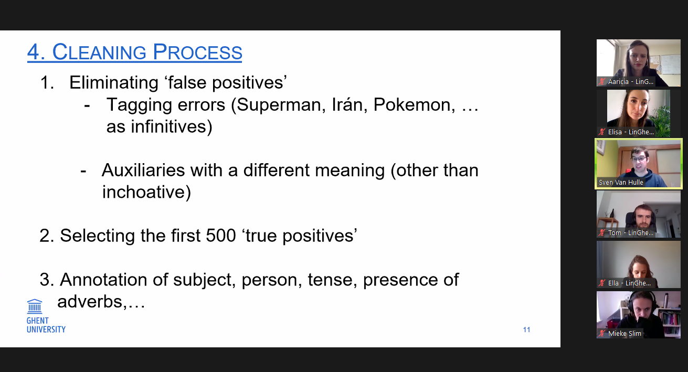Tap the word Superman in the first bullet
point(281,105)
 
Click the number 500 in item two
point(220,236)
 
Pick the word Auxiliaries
point(143,170)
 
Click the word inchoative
point(143,193)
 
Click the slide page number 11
point(527,330)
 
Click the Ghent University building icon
point(35,306)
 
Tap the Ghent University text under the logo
point(46,325)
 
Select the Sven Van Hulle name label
point(621,183)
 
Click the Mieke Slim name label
point(625,334)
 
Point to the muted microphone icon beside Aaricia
point(602,82)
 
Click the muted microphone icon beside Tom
point(602,233)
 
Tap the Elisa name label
point(631,132)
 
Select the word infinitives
point(172,126)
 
